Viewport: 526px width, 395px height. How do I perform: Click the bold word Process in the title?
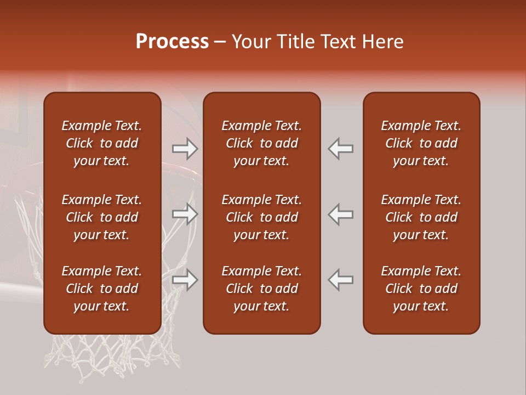172,42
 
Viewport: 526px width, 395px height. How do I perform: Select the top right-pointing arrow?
185,148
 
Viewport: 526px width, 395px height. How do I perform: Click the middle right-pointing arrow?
185,214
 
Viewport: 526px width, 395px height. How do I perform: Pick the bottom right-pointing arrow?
185,280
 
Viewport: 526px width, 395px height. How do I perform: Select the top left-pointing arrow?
341,148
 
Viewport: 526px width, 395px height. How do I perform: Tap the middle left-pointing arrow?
341,214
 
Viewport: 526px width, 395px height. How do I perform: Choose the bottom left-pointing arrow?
341,280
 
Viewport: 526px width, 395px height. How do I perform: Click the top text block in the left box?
102,143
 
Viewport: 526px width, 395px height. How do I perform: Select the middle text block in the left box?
102,217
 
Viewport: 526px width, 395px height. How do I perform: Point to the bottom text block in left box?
102,289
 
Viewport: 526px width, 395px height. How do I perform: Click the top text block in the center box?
261,143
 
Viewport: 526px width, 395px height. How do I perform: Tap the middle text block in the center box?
261,217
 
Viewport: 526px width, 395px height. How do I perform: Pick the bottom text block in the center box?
261,289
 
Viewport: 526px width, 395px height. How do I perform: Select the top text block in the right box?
421,143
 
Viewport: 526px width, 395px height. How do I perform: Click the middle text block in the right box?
421,217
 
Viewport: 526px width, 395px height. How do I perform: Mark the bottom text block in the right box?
421,289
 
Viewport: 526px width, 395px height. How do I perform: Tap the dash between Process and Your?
220,42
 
